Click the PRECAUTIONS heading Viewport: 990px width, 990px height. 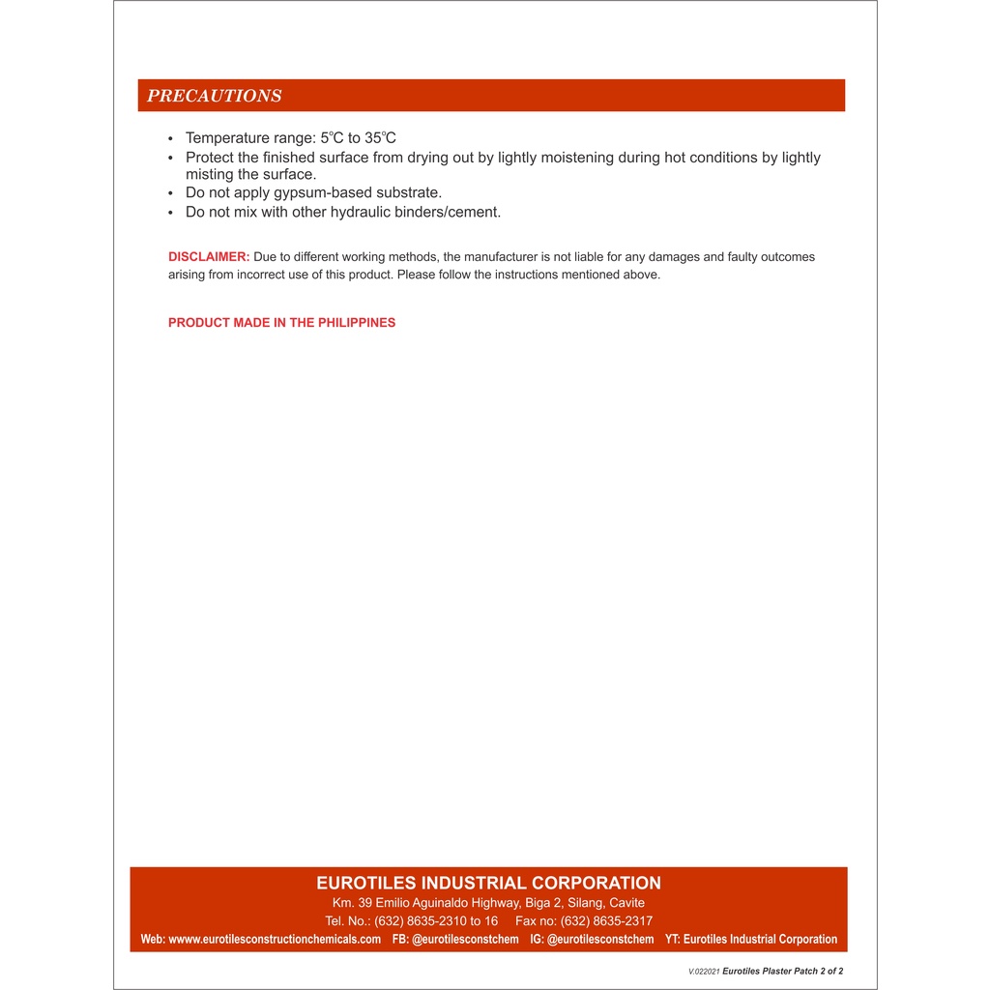(214, 96)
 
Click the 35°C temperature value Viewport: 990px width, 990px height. (380, 138)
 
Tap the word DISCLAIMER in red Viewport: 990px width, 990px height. (209, 257)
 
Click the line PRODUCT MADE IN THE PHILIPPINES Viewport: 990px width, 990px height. (281, 323)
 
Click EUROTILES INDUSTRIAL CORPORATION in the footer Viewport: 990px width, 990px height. (488, 883)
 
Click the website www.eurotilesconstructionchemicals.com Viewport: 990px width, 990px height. (275, 940)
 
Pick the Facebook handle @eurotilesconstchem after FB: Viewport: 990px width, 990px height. (465, 940)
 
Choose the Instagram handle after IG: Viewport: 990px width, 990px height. (600, 940)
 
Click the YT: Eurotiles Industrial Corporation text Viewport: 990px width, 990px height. (751, 940)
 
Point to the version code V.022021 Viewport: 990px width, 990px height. (704, 972)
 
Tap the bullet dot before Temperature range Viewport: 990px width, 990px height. (171, 139)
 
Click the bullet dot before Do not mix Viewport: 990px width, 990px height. (171, 213)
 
